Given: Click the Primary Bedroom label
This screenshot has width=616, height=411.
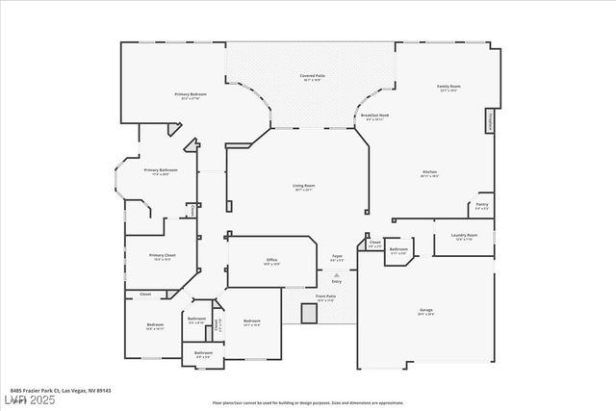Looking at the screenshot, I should point(191,94).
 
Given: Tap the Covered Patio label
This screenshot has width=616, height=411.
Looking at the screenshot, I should point(311,76).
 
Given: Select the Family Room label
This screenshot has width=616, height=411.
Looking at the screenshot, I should point(449,87).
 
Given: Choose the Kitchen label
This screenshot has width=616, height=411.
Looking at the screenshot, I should point(429,173).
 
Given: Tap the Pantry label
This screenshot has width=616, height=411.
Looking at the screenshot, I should point(481,205).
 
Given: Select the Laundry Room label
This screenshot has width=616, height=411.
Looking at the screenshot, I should point(463,236).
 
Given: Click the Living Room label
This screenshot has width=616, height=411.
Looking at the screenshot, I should point(304,187).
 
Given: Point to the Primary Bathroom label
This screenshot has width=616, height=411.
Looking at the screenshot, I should point(161,171).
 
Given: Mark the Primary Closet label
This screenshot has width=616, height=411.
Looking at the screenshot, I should point(162,256).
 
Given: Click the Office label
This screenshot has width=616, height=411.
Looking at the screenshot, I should point(271,261).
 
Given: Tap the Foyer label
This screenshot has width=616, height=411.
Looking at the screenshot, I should point(338,256).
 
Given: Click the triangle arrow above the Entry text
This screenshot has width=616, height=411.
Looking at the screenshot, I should point(337,274).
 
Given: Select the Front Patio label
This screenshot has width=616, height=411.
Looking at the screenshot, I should point(325,297).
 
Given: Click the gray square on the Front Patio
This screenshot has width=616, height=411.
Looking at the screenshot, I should point(309,313).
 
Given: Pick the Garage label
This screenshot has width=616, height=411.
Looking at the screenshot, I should point(425,311).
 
